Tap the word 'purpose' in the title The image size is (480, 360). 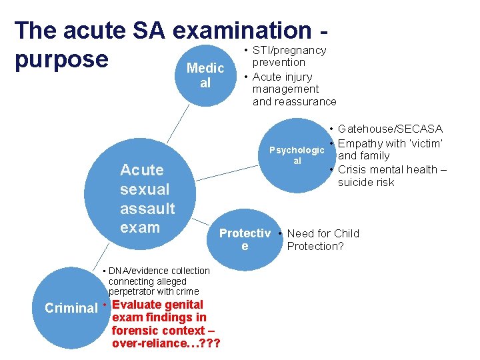click(x=61, y=59)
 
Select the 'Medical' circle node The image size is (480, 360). click(x=205, y=75)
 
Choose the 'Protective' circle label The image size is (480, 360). click(x=245, y=239)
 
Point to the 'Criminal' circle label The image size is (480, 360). click(x=71, y=308)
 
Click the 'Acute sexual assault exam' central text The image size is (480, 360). click(x=147, y=198)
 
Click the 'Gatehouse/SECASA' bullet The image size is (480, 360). click(x=390, y=129)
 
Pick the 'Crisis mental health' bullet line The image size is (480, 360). click(x=392, y=169)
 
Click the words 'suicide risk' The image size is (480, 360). click(x=366, y=182)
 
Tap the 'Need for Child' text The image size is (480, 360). click(x=323, y=233)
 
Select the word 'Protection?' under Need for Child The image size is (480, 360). click(x=315, y=246)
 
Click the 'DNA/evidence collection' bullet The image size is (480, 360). click(x=159, y=271)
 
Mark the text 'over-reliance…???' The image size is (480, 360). click(x=167, y=343)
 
